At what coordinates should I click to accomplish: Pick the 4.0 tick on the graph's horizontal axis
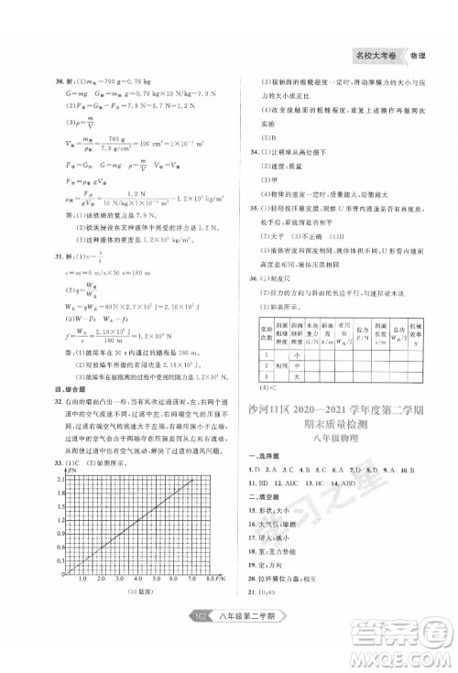tap(137, 579)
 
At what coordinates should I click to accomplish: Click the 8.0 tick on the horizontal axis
tap(209, 579)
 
